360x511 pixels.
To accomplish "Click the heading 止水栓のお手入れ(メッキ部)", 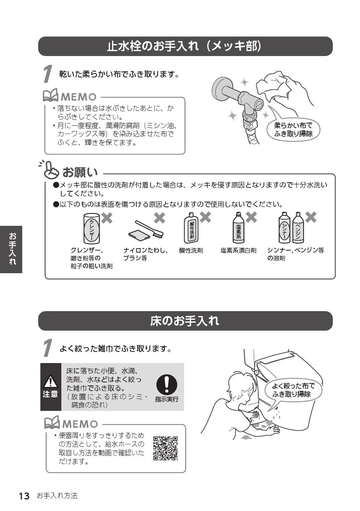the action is click(x=184, y=46).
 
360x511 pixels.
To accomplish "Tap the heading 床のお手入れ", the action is click(x=184, y=321).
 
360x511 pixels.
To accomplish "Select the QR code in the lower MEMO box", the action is click(x=166, y=448).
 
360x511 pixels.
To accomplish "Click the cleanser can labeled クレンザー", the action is click(x=91, y=229).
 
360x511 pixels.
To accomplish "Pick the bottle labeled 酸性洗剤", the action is click(x=191, y=228).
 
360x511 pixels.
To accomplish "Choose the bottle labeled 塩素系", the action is click(x=238, y=228).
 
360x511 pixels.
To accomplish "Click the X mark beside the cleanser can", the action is click(x=107, y=218).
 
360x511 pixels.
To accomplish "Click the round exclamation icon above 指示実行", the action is click(x=167, y=384).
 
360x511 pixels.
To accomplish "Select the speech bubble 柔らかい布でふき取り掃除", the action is click(x=293, y=129).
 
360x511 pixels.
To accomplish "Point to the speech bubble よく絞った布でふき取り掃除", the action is click(x=293, y=390).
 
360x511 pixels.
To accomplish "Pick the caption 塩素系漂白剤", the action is click(x=238, y=251).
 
